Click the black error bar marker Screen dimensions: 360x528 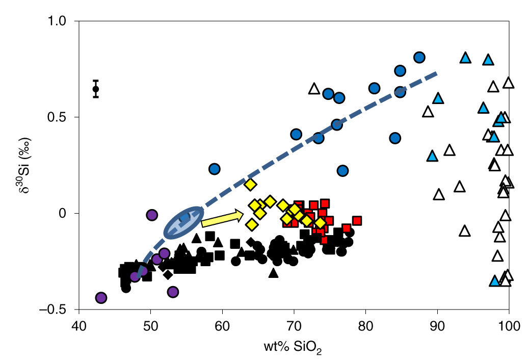[x=95, y=89]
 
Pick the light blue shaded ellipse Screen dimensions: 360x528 [x=183, y=223]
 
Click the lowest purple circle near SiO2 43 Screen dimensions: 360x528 [x=101, y=298]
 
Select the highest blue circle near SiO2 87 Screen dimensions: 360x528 [x=419, y=57]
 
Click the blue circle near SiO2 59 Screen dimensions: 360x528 [x=214, y=169]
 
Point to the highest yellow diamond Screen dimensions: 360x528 [x=250, y=184]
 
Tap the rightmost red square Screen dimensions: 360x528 [x=357, y=220]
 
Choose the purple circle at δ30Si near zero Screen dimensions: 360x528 [x=151, y=215]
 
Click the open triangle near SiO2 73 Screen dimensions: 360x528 [x=314, y=89]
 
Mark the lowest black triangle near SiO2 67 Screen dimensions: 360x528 [x=273, y=273]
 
